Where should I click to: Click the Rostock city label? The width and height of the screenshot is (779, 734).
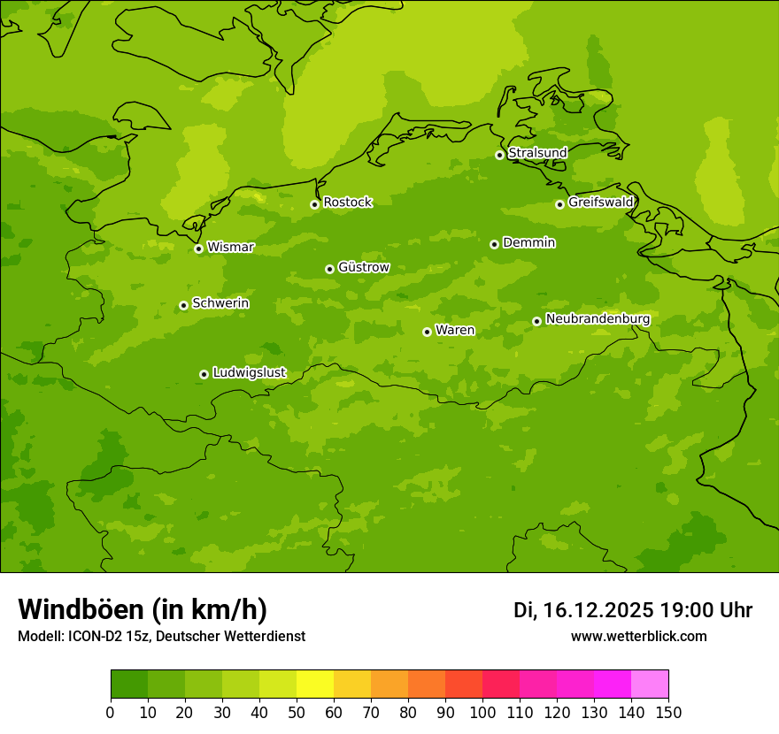pyautogui.click(x=347, y=203)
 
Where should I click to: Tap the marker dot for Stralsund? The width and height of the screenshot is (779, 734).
pyautogui.click(x=499, y=155)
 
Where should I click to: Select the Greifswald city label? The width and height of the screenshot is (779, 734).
pyautogui.click(x=600, y=203)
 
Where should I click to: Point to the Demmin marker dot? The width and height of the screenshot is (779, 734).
pyautogui.click(x=494, y=244)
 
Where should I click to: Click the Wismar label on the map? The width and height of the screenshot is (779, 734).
pyautogui.click(x=230, y=247)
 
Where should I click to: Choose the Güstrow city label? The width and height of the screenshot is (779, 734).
pyautogui.click(x=363, y=267)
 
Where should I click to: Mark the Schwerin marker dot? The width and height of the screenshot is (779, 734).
pyautogui.click(x=183, y=305)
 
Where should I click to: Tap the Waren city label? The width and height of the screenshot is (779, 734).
pyautogui.click(x=455, y=330)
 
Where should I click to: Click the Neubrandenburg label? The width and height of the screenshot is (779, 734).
pyautogui.click(x=598, y=318)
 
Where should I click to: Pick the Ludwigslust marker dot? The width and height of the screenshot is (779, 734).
pyautogui.click(x=204, y=374)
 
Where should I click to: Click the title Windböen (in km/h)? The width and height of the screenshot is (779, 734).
pyautogui.click(x=143, y=609)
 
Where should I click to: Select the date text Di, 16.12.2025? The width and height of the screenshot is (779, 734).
pyautogui.click(x=583, y=610)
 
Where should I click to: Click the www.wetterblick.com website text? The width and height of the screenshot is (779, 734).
pyautogui.click(x=638, y=636)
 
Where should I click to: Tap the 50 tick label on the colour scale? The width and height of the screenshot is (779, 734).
pyautogui.click(x=297, y=713)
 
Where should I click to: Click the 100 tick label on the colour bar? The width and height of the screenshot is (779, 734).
pyautogui.click(x=482, y=713)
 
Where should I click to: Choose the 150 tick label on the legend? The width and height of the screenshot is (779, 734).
pyautogui.click(x=668, y=713)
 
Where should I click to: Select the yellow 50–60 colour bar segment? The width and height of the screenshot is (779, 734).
pyautogui.click(x=315, y=684)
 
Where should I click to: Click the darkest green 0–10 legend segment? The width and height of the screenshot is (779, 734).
pyautogui.click(x=129, y=684)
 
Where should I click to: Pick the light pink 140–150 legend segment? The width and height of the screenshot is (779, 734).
pyautogui.click(x=650, y=684)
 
